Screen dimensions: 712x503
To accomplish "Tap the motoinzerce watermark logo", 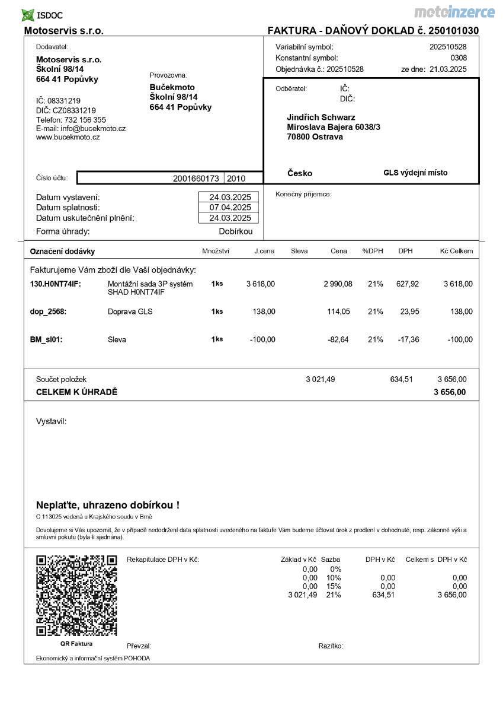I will click(454, 12).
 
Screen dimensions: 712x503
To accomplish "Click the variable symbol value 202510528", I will click(448, 47).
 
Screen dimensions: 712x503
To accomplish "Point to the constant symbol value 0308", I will click(458, 58).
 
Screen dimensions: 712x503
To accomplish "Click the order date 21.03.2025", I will click(448, 69).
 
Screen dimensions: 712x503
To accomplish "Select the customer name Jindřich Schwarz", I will click(321, 117).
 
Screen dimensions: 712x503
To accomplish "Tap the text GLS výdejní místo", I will click(415, 173).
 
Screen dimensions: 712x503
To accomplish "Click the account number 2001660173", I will click(196, 179).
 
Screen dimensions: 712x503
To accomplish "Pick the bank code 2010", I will click(236, 179).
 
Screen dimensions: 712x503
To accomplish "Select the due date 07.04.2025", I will click(230, 208).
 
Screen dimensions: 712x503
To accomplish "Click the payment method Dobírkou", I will click(235, 232).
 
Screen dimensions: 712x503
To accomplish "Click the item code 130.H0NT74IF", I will click(55, 284).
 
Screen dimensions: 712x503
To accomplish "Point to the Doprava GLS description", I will click(130, 311).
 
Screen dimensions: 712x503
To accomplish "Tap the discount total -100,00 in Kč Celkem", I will click(460, 340).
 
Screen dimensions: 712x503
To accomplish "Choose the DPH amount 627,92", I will click(407, 284).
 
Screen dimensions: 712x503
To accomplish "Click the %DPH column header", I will click(373, 251).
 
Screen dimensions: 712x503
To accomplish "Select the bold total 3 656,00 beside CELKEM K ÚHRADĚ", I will click(450, 392).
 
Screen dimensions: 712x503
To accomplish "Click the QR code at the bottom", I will click(76, 595).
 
